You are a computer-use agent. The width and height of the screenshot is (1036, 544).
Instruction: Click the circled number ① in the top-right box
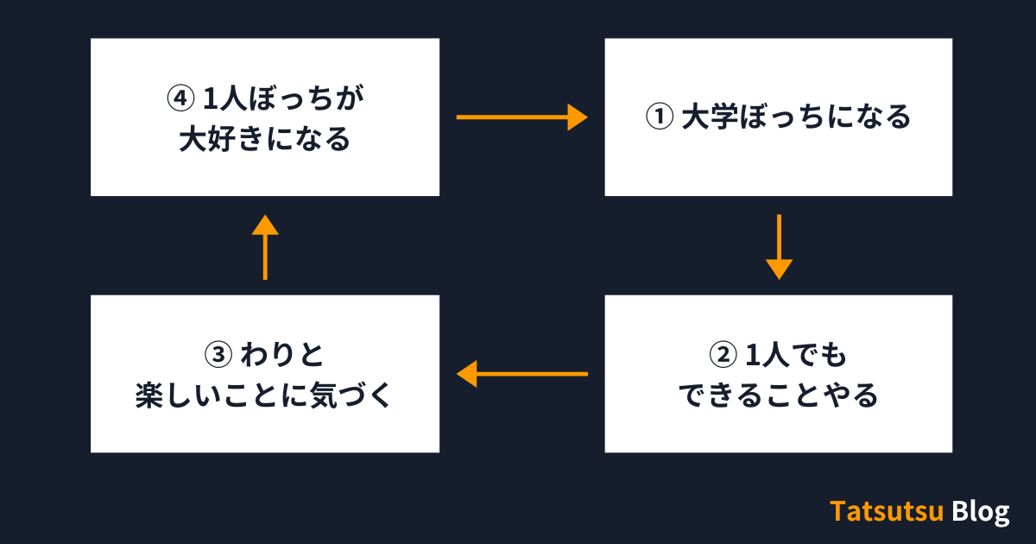pyautogui.click(x=660, y=117)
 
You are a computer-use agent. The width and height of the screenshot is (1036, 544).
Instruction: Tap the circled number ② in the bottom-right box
pyautogui.click(x=723, y=353)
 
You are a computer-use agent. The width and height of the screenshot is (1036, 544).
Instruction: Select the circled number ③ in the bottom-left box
pyautogui.click(x=218, y=353)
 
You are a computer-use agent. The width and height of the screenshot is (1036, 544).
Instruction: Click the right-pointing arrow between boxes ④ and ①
pyautogui.click(x=521, y=116)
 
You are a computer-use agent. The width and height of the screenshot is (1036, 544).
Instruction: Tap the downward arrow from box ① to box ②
pyautogui.click(x=779, y=246)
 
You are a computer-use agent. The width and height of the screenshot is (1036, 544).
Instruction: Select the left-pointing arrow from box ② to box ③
pyautogui.click(x=521, y=374)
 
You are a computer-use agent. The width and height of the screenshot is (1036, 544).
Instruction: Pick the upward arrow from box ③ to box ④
pyautogui.click(x=265, y=247)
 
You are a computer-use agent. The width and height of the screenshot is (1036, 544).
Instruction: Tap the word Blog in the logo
pyautogui.click(x=981, y=512)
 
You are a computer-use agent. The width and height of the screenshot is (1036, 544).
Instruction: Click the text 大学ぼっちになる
pyautogui.click(x=795, y=117)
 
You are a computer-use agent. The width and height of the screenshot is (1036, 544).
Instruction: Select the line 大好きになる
pyautogui.click(x=265, y=139)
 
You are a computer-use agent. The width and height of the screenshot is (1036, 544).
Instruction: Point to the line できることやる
pyautogui.click(x=778, y=395)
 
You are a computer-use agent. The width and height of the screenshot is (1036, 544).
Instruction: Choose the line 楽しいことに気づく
pyautogui.click(x=265, y=395)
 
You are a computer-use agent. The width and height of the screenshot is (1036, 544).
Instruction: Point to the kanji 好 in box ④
pyautogui.click(x=223, y=139)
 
